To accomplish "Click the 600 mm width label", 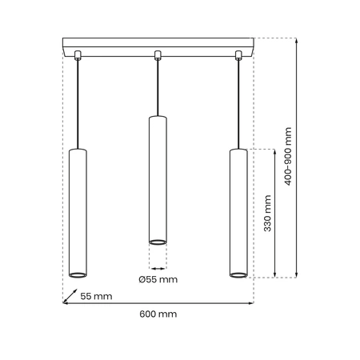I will click(158, 314).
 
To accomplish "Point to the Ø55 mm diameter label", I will click(158, 280).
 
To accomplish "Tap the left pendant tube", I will click(78, 212).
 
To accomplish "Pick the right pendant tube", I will click(238, 212).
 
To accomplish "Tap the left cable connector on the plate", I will click(78, 55).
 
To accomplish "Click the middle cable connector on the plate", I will click(158, 55).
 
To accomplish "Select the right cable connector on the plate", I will click(238, 55).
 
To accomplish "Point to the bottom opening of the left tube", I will click(78, 274).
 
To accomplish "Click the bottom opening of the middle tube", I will click(158, 240).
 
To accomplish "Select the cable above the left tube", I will click(78, 104).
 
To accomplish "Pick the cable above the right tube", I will click(238, 104).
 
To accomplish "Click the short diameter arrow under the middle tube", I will click(158, 266).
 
